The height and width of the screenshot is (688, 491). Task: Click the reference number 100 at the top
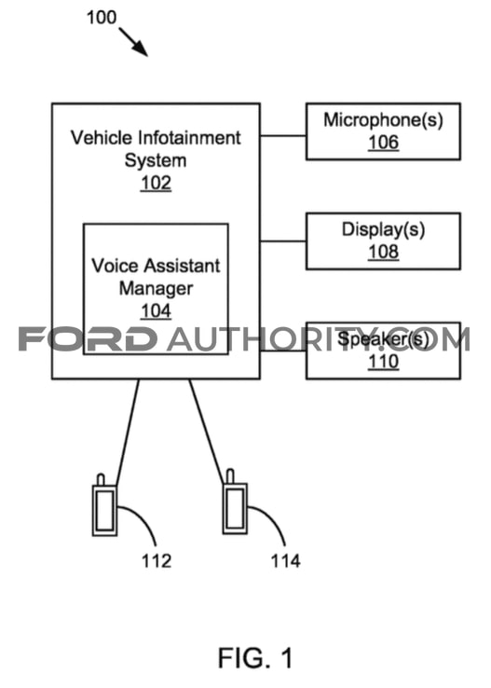102,18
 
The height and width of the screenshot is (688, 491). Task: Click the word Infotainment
189,138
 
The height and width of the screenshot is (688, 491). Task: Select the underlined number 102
156,183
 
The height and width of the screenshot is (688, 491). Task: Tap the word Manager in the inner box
157,289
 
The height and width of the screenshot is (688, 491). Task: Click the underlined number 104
156,311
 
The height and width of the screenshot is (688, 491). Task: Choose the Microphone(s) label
383,120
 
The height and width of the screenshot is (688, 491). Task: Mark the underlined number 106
383,142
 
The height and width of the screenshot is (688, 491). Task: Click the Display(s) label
383,229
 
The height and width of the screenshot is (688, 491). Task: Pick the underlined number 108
383,252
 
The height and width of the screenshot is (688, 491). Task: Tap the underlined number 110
383,361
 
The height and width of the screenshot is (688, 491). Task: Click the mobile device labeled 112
104,505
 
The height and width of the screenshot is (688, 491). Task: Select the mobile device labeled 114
235,502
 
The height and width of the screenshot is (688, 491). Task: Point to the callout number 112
157,561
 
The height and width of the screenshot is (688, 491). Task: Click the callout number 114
285,561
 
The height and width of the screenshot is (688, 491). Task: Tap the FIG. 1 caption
255,658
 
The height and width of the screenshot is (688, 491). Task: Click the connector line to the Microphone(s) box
282,136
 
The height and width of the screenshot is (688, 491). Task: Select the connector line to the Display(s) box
282,241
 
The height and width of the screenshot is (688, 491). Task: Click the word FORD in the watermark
88,339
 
